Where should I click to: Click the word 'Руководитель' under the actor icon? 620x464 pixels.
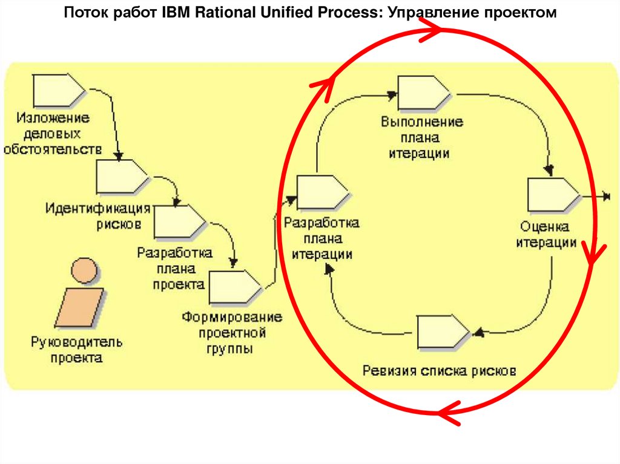[x=77, y=343]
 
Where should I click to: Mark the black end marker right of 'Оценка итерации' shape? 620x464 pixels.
[x=607, y=196]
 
